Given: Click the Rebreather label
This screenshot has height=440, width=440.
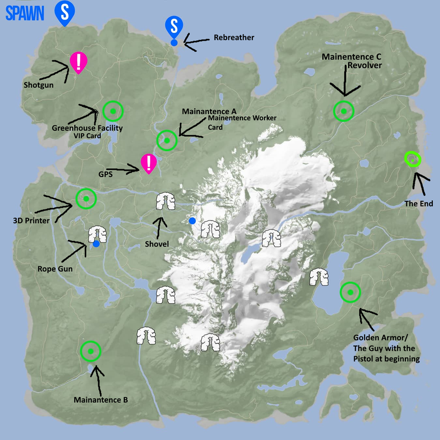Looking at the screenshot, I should click(234, 38).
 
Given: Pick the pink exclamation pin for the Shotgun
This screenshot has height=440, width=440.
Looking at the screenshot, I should click(79, 62).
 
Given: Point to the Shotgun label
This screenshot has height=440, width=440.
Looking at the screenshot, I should click(39, 85).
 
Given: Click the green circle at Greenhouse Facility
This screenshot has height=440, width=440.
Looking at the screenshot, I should click(113, 112).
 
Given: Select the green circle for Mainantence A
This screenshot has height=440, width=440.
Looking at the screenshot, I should click(167, 140).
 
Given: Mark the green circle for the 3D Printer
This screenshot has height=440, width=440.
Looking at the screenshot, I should click(86, 199).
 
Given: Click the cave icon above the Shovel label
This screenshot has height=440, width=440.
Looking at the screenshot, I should click(162, 202).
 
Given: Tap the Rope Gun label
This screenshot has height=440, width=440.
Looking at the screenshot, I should click(56, 269).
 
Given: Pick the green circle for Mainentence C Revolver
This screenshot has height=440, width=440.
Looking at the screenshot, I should click(344, 111).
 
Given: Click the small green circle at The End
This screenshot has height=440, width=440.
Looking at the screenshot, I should click(413, 159).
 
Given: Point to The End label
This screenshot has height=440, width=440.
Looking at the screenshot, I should click(419, 204).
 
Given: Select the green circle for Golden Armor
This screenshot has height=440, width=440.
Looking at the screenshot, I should click(350, 293).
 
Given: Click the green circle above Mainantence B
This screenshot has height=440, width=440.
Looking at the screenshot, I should click(91, 350).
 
